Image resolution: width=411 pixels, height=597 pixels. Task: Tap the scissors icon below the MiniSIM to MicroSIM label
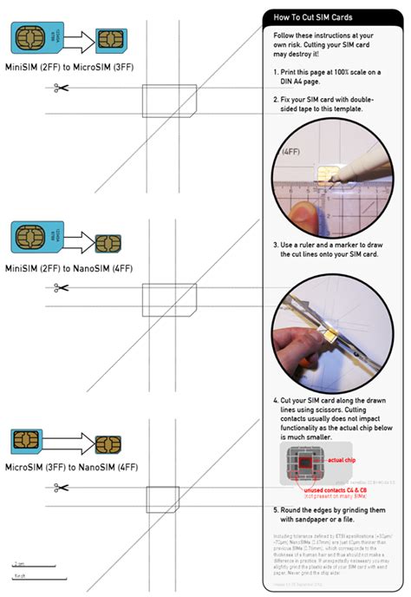click(60, 87)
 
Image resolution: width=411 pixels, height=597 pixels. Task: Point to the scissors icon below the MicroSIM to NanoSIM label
click(60, 488)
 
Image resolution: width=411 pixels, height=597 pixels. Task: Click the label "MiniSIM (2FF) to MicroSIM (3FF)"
click(70, 65)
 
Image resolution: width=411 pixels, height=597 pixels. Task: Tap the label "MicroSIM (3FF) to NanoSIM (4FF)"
click(71, 467)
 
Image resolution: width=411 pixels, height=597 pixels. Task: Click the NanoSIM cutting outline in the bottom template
click(162, 500)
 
